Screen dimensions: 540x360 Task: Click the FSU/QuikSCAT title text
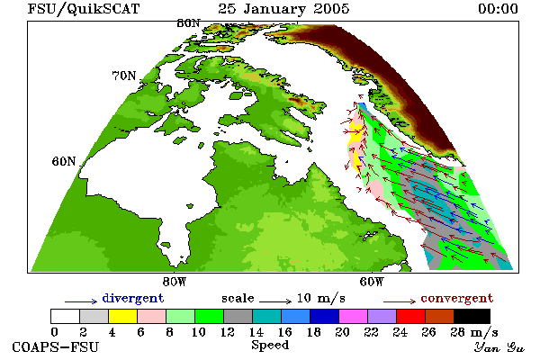(x=84, y=9)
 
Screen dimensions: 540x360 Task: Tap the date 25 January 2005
(x=283, y=9)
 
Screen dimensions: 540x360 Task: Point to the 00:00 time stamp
(x=498, y=9)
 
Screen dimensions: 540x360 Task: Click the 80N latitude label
(x=188, y=23)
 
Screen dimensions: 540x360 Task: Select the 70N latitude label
(x=124, y=76)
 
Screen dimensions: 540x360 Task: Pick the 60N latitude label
(x=64, y=161)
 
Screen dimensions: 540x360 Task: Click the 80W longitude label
(x=175, y=282)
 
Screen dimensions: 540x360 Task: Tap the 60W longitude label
(x=372, y=282)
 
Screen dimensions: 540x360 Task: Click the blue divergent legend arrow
(x=81, y=301)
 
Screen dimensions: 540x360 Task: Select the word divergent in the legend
(x=133, y=298)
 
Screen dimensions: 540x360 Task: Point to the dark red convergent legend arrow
(x=400, y=301)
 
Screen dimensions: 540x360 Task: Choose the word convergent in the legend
(x=457, y=298)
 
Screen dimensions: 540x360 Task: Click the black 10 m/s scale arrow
(x=275, y=301)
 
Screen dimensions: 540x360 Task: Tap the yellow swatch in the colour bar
(x=123, y=316)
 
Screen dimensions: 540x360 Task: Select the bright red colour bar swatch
(x=411, y=316)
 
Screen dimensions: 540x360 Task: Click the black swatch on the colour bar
(x=472, y=316)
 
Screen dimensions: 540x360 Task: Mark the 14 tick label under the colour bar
(x=256, y=332)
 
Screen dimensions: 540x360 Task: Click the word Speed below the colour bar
(x=270, y=346)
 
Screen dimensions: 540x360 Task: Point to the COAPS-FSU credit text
(x=56, y=346)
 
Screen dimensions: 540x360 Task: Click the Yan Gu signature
(x=499, y=347)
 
